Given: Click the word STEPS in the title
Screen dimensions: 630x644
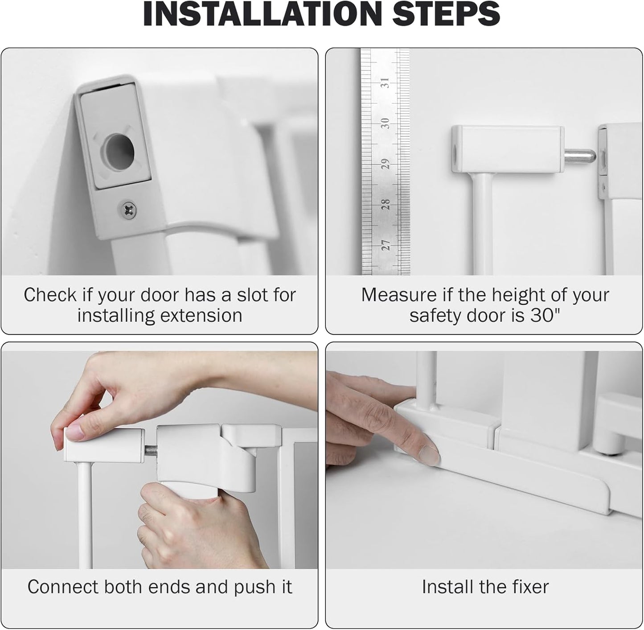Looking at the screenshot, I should tap(447, 14).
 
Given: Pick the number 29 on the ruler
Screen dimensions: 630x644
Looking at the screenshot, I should tap(386, 164).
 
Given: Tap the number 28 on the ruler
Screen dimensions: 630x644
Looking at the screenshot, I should tap(386, 204).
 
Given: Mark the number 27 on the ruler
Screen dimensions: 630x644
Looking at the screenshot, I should tap(386, 244).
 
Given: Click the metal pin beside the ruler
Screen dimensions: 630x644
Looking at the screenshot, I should tap(580, 156).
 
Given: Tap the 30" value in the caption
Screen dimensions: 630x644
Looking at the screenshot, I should tap(545, 316).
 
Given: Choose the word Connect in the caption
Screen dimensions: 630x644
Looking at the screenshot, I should tap(62, 587).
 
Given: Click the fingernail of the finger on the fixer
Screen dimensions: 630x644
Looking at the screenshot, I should tap(430, 454).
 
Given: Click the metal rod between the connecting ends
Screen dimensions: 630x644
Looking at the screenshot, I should tap(151, 449).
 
